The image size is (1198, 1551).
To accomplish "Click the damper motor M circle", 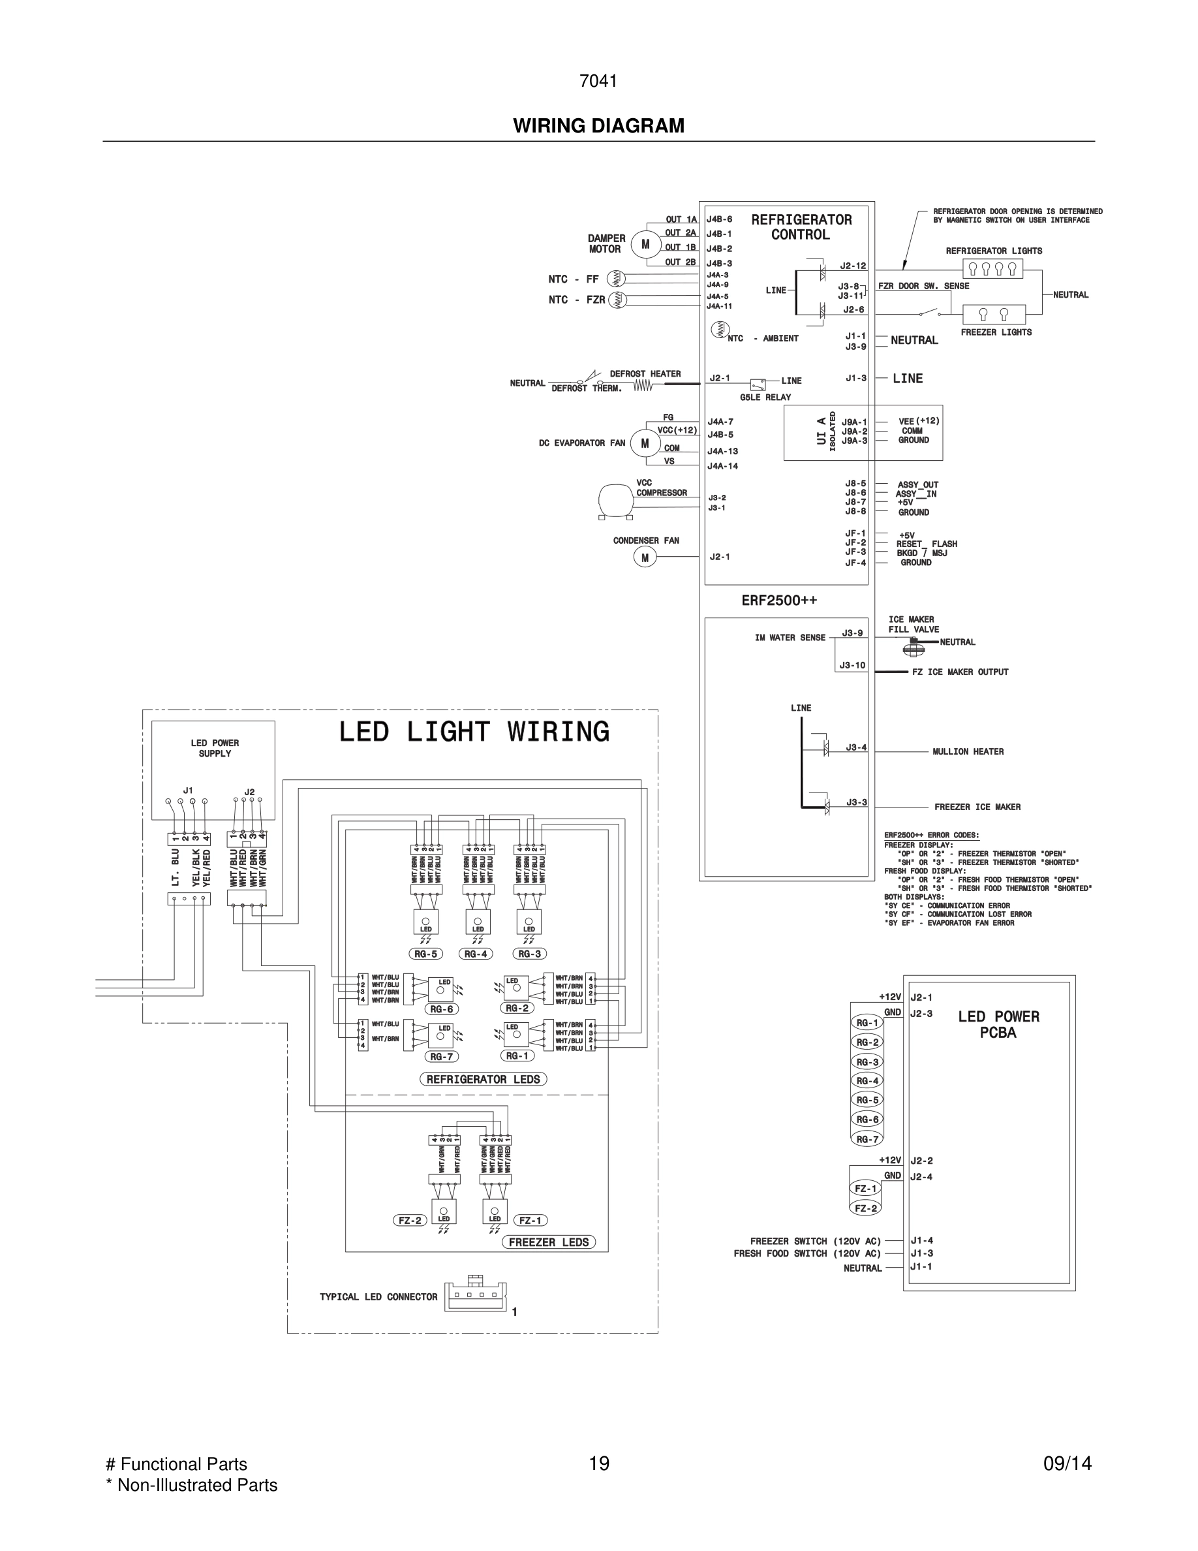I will tap(645, 244).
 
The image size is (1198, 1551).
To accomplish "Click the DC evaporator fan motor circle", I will tap(645, 444).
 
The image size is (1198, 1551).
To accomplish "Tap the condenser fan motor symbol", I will tap(645, 557).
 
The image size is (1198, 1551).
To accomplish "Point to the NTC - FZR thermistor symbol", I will tap(617, 300).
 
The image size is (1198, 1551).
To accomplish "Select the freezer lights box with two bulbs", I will tap(994, 314).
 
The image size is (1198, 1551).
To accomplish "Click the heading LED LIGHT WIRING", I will tap(473, 732).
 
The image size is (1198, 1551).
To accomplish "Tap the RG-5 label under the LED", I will tap(425, 954).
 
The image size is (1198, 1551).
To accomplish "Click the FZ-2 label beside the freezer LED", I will tap(410, 1220).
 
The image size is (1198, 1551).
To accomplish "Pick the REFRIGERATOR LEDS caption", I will tap(484, 1079).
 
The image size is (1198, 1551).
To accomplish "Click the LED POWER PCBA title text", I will tap(998, 1024).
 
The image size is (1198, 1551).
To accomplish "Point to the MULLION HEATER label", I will tap(968, 751).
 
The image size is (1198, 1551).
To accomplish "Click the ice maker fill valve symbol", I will tap(914, 646).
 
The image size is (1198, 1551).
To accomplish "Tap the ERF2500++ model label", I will tap(779, 600).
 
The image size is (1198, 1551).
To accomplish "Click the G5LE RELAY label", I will tap(765, 397).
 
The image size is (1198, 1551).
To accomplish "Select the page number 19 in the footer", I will tap(599, 1464).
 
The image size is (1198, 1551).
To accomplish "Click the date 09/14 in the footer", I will tap(1067, 1464).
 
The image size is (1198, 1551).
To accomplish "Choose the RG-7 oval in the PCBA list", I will tap(867, 1139).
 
